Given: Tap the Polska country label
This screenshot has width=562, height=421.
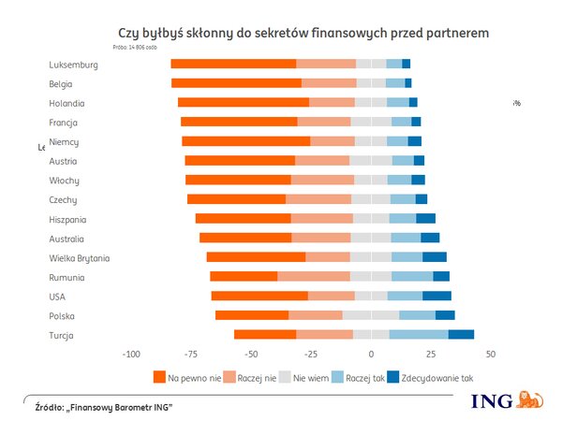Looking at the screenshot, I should pyautogui.click(x=63, y=315).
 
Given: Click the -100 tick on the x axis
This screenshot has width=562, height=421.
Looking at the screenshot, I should pyautogui.click(x=130, y=355).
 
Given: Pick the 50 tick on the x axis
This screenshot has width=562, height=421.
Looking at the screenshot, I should pyautogui.click(x=490, y=355).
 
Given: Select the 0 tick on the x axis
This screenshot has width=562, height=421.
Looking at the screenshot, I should pyautogui.click(x=371, y=355).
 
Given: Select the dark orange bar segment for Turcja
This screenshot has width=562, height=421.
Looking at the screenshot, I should pyautogui.click(x=265, y=335).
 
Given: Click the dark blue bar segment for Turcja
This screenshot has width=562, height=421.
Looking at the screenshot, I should pyautogui.click(x=461, y=335).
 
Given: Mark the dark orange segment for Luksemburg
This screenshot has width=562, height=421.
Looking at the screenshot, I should pyautogui.click(x=233, y=64).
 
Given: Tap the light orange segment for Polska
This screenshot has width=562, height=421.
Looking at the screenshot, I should pyautogui.click(x=316, y=315).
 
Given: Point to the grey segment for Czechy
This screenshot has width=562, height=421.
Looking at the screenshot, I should pyautogui.click(x=371, y=199).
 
